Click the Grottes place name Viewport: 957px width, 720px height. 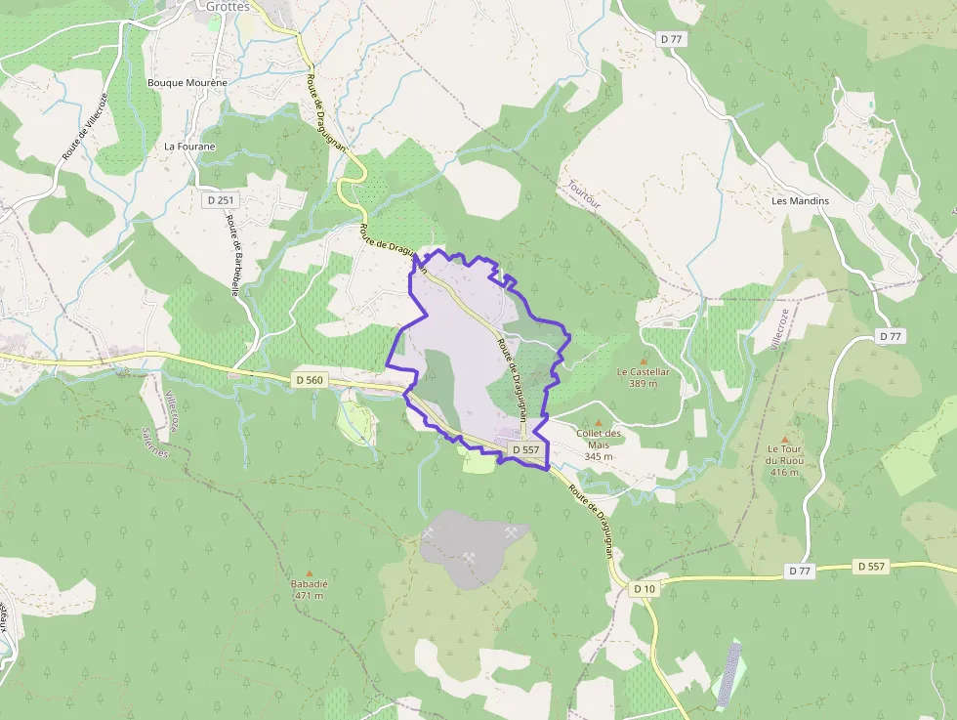228,7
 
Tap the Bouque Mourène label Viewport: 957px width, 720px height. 187,83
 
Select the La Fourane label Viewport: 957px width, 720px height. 189,147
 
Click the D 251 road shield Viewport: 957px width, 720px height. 221,199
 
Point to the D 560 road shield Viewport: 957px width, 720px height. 308,378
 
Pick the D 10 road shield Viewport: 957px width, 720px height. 644,588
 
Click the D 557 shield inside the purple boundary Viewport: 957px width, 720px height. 524,449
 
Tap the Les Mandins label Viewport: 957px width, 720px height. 800,201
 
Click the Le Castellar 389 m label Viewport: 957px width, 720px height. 644,377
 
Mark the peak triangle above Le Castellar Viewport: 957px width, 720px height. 644,360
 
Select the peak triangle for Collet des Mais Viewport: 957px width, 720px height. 599,422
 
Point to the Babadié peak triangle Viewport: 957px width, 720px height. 310,573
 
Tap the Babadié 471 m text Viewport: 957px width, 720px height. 310,589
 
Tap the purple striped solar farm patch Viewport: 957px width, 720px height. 728,673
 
